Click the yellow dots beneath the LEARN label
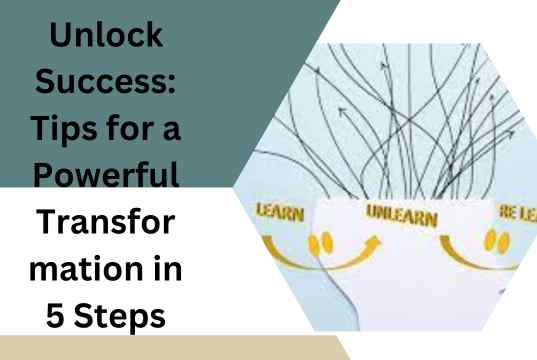(319, 244)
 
